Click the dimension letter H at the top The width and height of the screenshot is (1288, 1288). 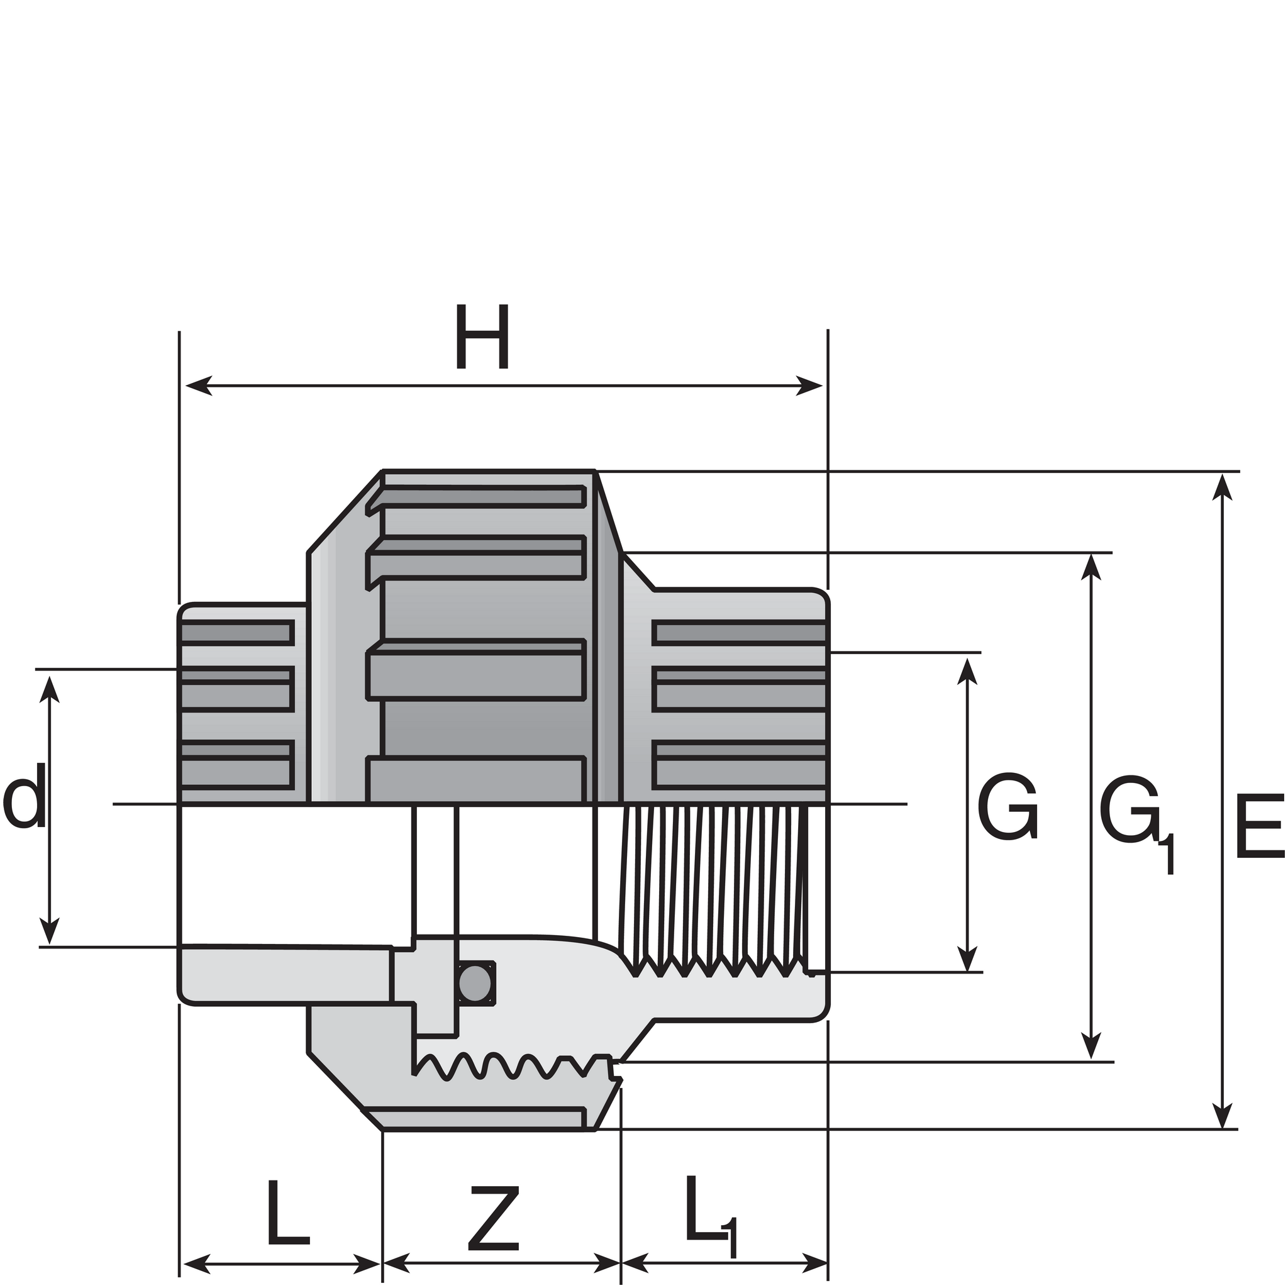pyautogui.click(x=482, y=336)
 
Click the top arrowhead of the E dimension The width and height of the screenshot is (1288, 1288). pyautogui.click(x=1221, y=486)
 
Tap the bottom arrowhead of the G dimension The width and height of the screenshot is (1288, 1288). pyautogui.click(x=967, y=959)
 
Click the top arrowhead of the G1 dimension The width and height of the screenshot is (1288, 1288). pyautogui.click(x=1091, y=567)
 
